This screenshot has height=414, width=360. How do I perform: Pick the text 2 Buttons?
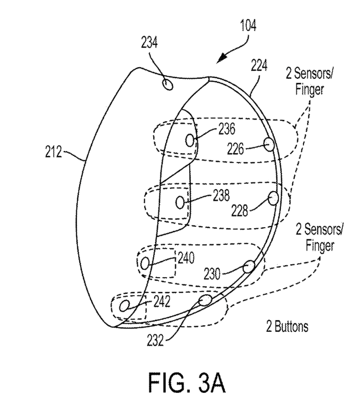pyautogui.click(x=287, y=328)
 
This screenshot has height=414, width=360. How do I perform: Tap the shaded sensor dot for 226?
pyautogui.click(x=269, y=144)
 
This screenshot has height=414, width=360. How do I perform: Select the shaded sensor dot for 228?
pyautogui.click(x=274, y=197)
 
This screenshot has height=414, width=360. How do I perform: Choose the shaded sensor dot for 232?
pyautogui.click(x=205, y=301)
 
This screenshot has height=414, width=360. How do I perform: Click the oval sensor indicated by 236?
pyautogui.click(x=191, y=140)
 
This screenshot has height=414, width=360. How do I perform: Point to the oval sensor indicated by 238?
pyautogui.click(x=180, y=203)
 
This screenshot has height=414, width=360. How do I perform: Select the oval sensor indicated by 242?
pyautogui.click(x=124, y=305)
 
